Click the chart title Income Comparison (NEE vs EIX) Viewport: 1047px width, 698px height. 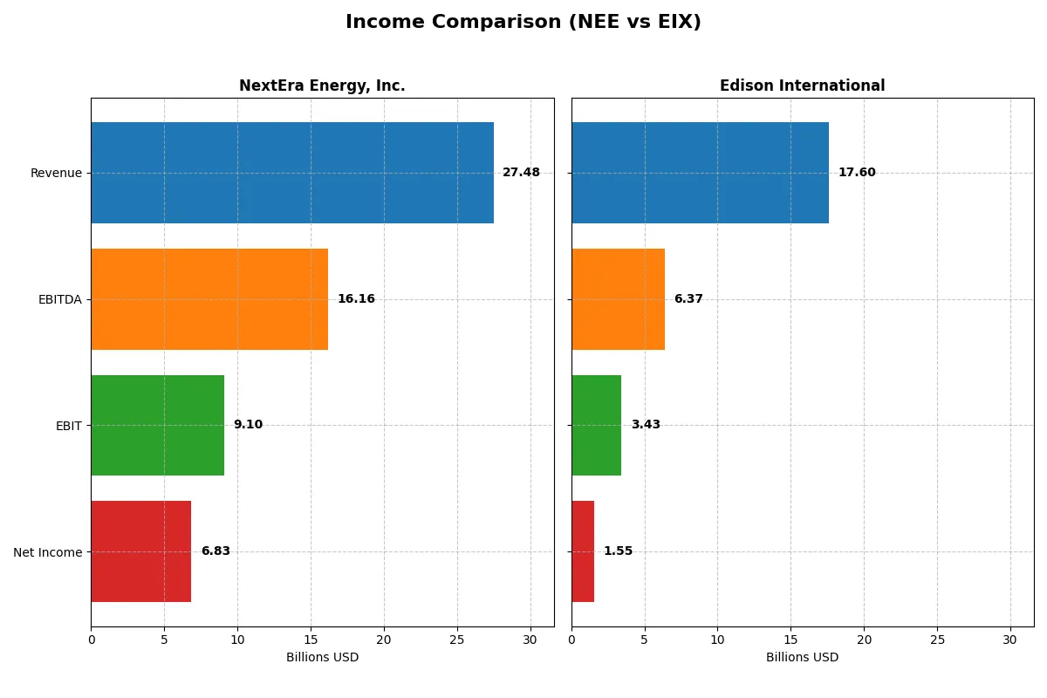coord(523,22)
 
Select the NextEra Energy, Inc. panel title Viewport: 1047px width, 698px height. coord(322,86)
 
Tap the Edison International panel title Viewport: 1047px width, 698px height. coord(802,86)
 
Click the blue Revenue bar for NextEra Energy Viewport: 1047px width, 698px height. coord(292,173)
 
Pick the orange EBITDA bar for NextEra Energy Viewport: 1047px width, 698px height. coord(209,299)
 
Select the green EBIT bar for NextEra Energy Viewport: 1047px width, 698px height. coord(157,425)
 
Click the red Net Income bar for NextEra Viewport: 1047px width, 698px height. coord(140,551)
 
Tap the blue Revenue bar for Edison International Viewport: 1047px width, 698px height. coord(700,173)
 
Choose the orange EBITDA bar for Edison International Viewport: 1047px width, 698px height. coord(618,299)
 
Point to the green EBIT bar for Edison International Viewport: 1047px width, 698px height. coord(596,425)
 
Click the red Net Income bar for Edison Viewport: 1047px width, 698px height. coord(583,551)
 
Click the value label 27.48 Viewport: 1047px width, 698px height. coord(521,173)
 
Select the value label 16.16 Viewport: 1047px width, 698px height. coord(356,299)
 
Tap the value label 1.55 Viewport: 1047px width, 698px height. coord(618,551)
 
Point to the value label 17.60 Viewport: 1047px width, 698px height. coord(857,173)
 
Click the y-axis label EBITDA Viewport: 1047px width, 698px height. coord(59,299)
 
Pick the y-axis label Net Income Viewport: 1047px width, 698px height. coord(48,552)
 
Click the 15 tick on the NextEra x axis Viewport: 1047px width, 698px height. coord(311,640)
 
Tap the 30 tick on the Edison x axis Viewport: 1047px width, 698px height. coord(1010,640)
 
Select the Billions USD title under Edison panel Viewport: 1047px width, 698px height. coord(802,657)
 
